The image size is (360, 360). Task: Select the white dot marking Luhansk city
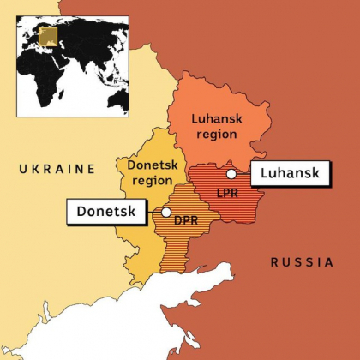click(231, 174)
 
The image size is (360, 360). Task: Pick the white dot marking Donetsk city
click(166, 212)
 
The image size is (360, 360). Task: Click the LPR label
click(227, 193)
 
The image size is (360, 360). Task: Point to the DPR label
click(187, 219)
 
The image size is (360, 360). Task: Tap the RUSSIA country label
click(302, 262)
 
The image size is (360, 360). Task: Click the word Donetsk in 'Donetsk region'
click(151, 165)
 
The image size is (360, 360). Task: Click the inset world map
click(72, 63)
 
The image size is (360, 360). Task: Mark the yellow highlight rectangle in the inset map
click(50, 38)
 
